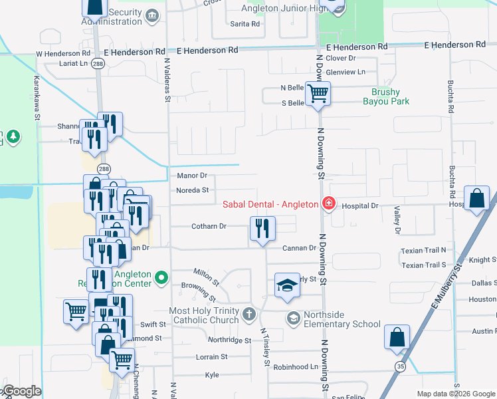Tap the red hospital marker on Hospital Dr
[x=328, y=203]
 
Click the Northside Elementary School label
[x=342, y=319]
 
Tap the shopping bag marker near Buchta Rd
[x=477, y=198]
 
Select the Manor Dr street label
[x=193, y=176]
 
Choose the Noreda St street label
[x=193, y=190]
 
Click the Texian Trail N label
[x=424, y=251]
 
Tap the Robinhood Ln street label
[x=296, y=366]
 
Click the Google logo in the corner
[x=21, y=391]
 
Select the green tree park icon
[x=13, y=137]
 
